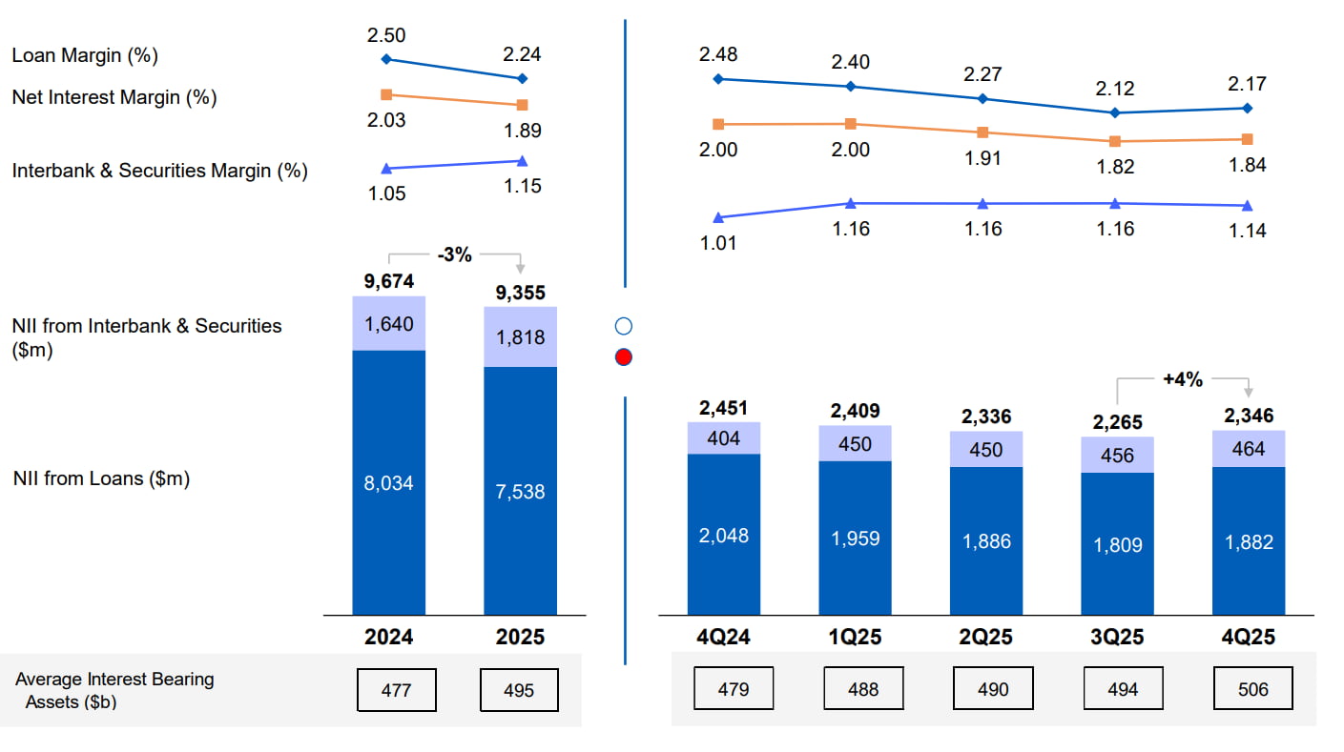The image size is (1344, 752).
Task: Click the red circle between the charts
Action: (x=624, y=357)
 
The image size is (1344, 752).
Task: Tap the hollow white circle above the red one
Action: (x=624, y=327)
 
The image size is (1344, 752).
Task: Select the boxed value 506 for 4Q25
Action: (x=1253, y=689)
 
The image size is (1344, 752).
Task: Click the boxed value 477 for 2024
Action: (x=396, y=689)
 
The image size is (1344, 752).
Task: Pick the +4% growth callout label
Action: (x=1182, y=379)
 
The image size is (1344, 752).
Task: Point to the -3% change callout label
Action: (x=454, y=254)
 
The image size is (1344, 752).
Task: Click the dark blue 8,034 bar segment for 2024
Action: (x=389, y=483)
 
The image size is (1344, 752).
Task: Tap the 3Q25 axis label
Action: (x=1117, y=637)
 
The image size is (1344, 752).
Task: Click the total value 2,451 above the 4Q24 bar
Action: (x=724, y=409)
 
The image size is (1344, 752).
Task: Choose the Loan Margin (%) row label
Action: (x=85, y=55)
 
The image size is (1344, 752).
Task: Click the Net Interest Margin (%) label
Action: (x=114, y=97)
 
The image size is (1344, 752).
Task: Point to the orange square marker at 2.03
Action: (x=386, y=94)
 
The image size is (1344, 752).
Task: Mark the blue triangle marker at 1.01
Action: (x=718, y=218)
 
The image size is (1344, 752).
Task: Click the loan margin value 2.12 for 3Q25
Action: (x=1115, y=89)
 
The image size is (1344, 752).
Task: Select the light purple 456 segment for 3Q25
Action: (x=1117, y=456)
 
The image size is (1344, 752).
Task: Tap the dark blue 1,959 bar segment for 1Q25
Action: (x=856, y=539)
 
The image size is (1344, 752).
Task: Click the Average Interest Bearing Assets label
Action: (x=114, y=690)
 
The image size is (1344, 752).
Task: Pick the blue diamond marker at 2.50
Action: (x=386, y=59)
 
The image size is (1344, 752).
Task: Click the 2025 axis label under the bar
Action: (x=521, y=637)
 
